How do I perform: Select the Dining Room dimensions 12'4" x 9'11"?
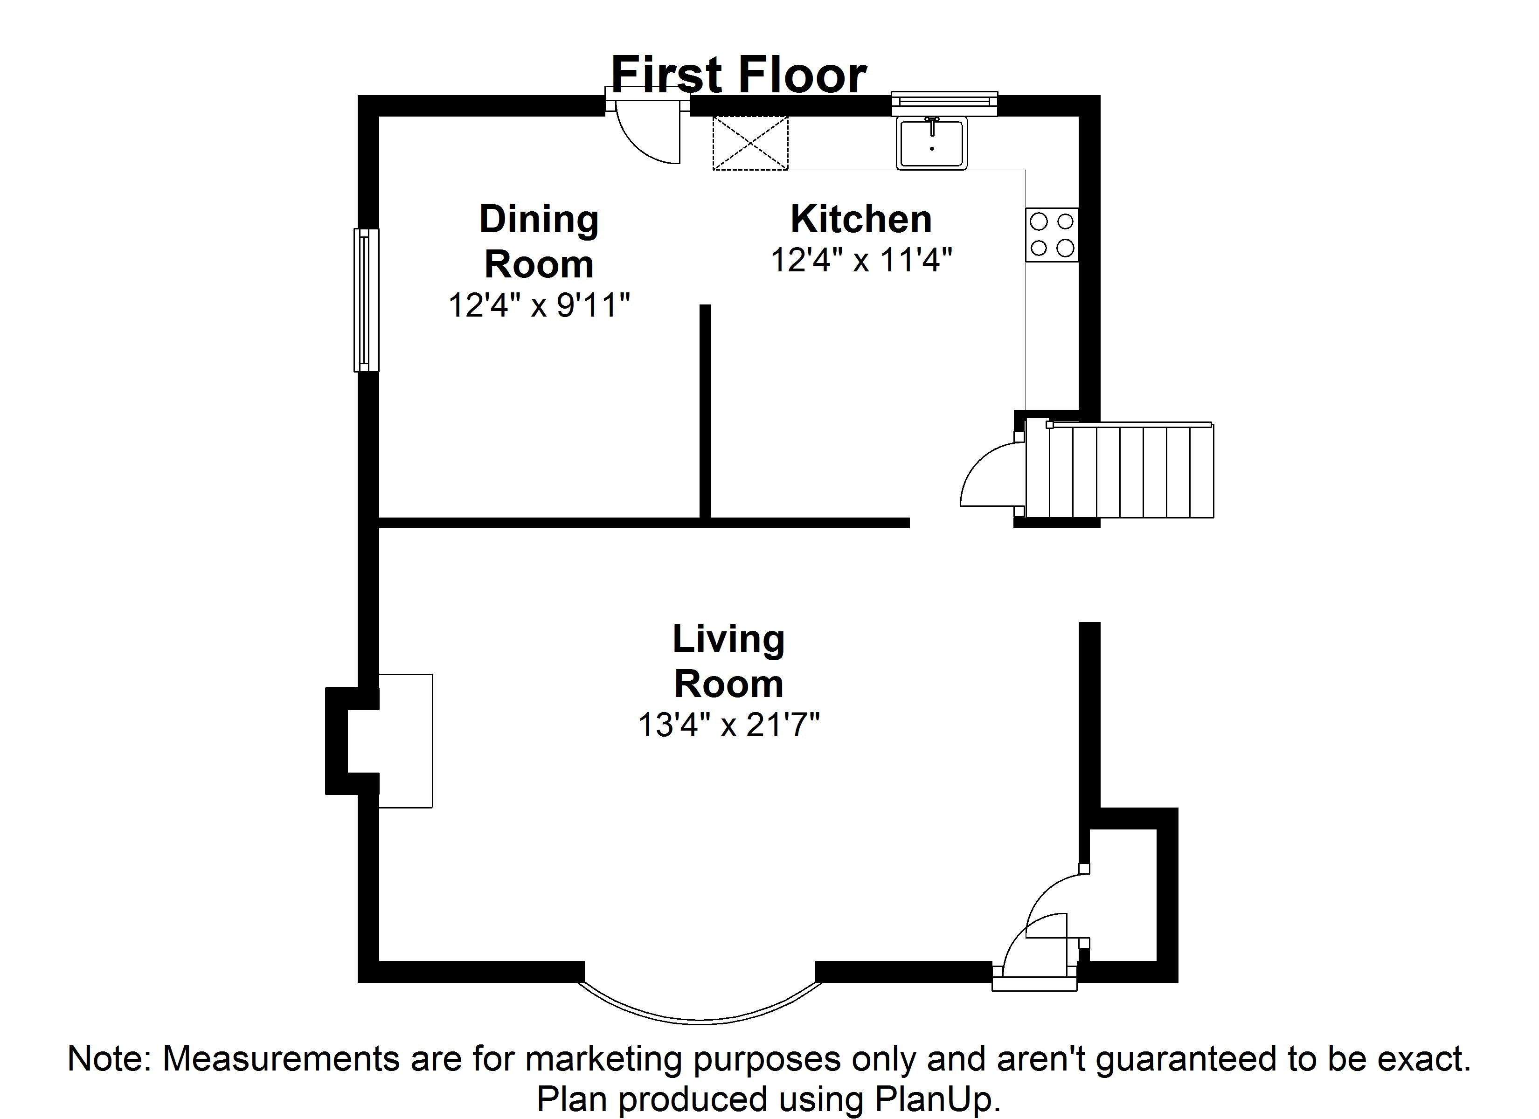539,305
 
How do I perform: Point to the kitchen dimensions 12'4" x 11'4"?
860,260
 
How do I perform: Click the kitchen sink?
932,143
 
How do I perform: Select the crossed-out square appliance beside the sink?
750,143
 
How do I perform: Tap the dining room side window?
366,300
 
